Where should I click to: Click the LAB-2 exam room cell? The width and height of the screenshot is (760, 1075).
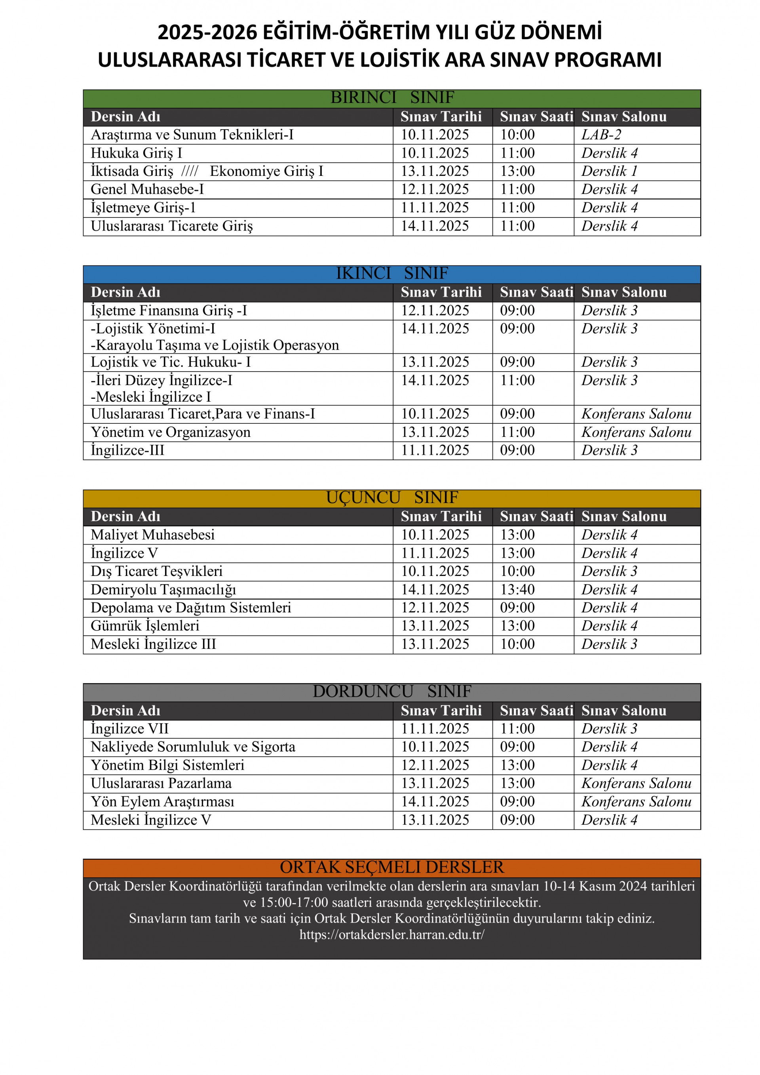pyautogui.click(x=601, y=135)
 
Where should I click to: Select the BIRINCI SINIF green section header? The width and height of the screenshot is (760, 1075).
pyautogui.click(x=392, y=98)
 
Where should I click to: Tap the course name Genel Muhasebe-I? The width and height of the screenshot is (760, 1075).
pyautogui.click(x=147, y=190)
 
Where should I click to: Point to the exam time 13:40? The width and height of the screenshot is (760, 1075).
pyautogui.click(x=517, y=589)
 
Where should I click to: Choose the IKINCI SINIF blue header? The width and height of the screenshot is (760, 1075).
pyautogui.click(x=392, y=273)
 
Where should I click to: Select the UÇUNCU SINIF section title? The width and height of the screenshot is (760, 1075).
pyautogui.click(x=392, y=498)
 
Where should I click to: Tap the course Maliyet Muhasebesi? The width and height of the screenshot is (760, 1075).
pyautogui.click(x=152, y=535)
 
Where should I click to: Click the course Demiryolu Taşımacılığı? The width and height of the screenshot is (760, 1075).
pyautogui.click(x=163, y=589)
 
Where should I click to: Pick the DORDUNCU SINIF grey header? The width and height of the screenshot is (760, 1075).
pyautogui.click(x=392, y=692)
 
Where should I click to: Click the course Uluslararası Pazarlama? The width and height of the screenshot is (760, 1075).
pyautogui.click(x=161, y=783)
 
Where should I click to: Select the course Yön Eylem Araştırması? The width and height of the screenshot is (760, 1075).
pyautogui.click(x=162, y=802)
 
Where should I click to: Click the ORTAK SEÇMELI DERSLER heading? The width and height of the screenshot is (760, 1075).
pyautogui.click(x=392, y=867)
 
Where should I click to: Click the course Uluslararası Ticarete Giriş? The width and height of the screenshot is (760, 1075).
pyautogui.click(x=172, y=226)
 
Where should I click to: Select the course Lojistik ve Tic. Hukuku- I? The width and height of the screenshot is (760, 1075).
pyautogui.click(x=171, y=362)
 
